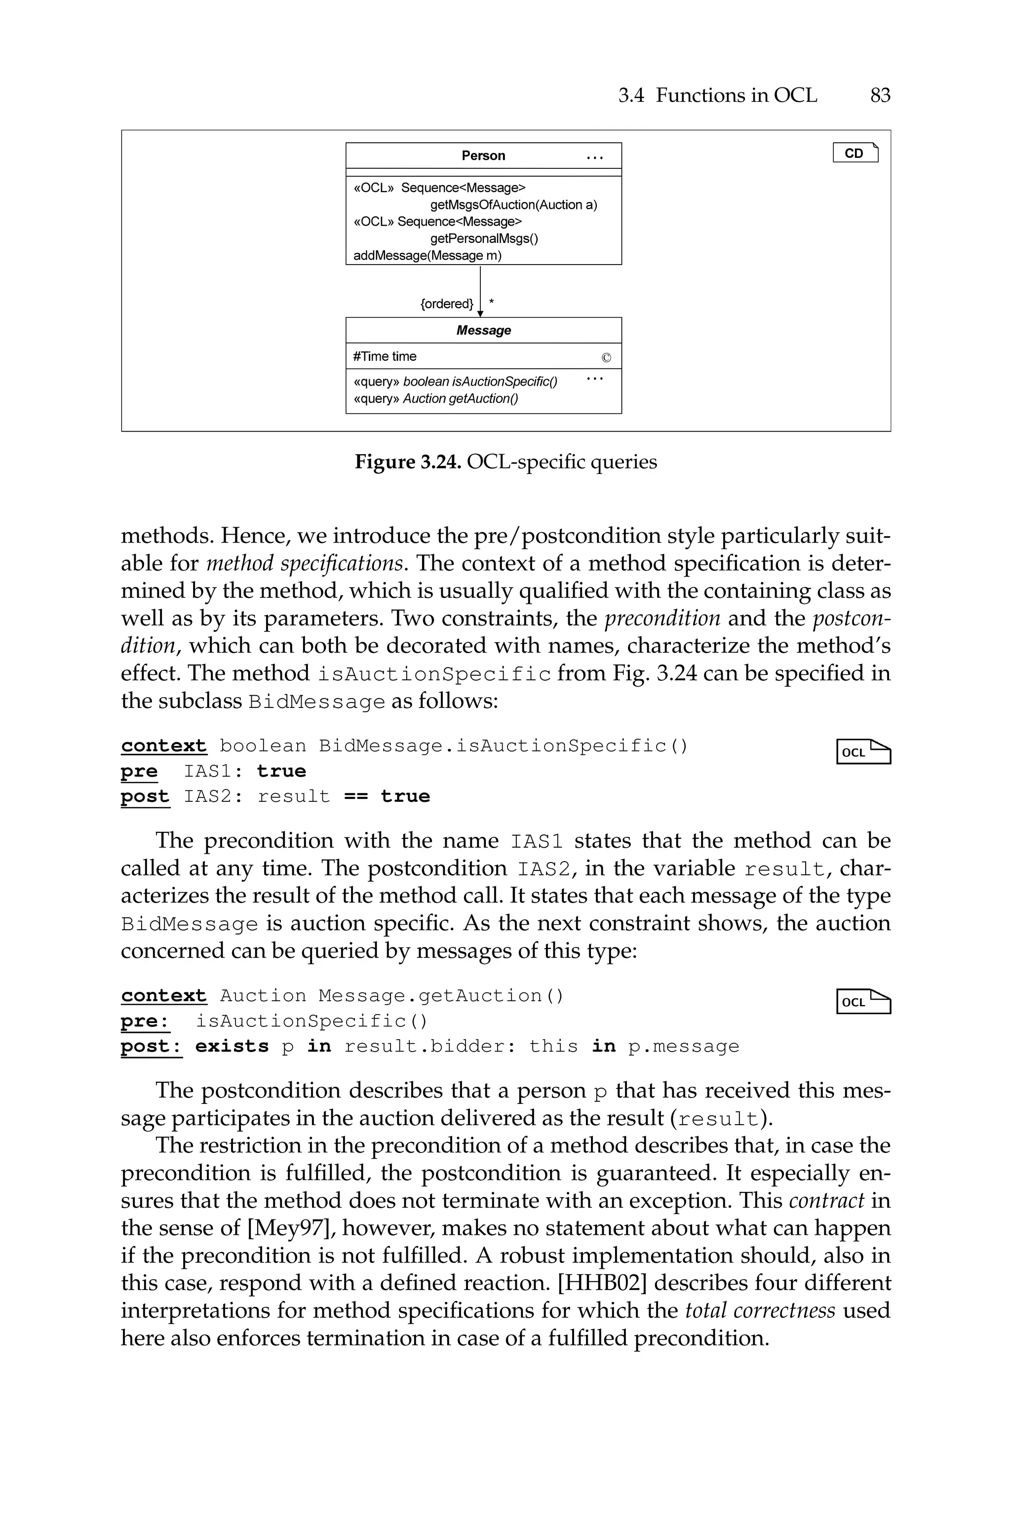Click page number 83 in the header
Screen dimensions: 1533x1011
[x=880, y=95]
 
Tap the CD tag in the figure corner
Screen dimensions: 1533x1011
[x=855, y=154]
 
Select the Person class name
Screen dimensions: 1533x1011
[x=483, y=156]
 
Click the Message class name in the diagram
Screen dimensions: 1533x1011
[x=483, y=330]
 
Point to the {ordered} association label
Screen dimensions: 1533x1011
[x=446, y=304]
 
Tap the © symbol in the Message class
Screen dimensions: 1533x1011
[x=605, y=358]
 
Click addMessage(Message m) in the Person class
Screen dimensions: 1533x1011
[x=428, y=255]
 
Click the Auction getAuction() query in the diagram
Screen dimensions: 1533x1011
[x=461, y=398]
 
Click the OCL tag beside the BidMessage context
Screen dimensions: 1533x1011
[x=863, y=751]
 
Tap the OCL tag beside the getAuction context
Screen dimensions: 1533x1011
[x=863, y=1002]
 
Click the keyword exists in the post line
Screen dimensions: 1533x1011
[x=232, y=1046]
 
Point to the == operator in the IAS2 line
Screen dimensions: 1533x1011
[x=355, y=797]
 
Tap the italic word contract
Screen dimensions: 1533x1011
[x=826, y=1200]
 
